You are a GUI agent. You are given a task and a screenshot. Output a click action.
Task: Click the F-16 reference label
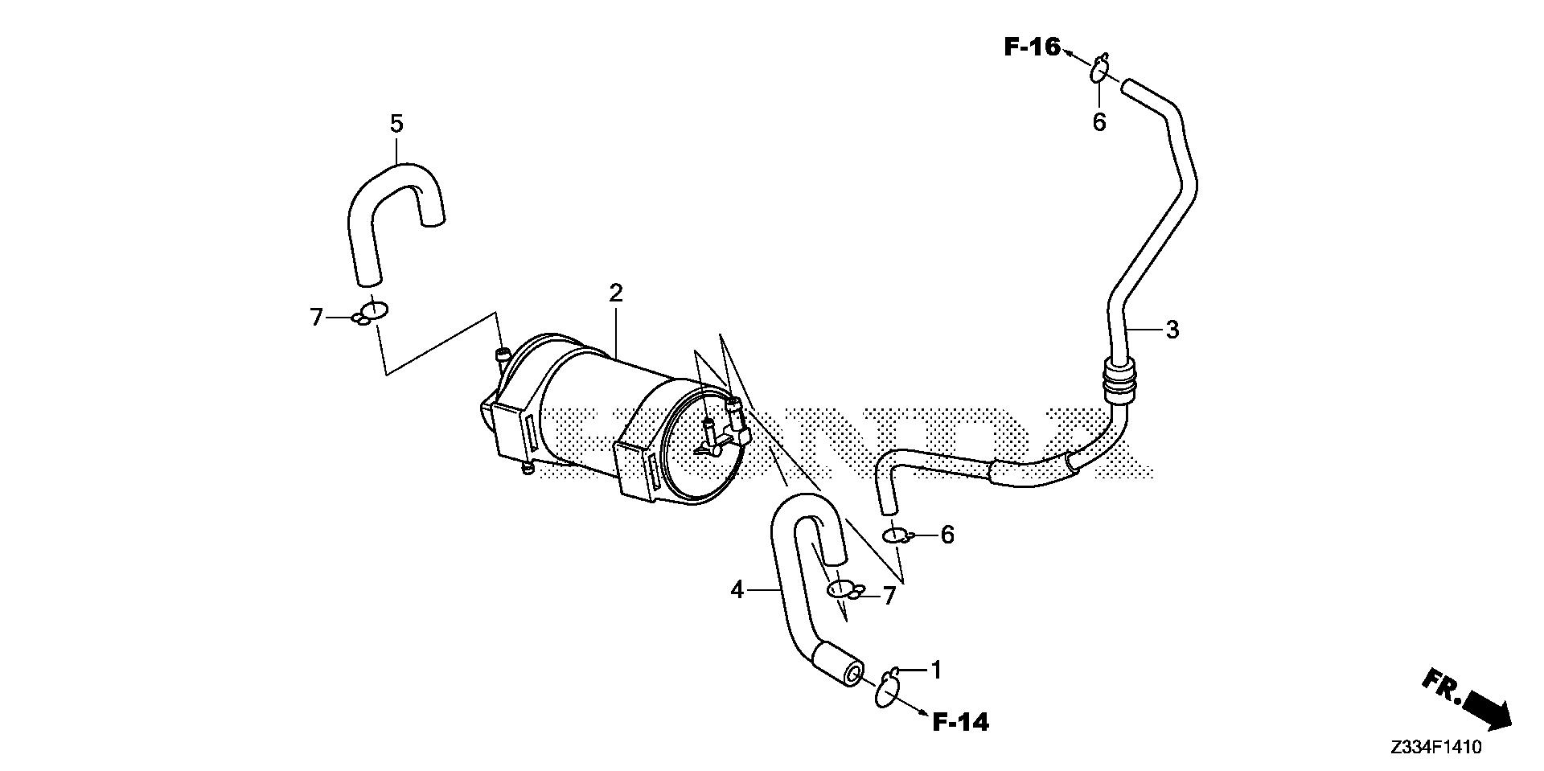click(1033, 47)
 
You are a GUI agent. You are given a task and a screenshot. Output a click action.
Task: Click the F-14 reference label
click(961, 723)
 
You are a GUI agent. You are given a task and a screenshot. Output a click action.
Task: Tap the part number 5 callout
click(396, 124)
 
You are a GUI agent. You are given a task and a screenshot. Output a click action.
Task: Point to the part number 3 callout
click(1172, 329)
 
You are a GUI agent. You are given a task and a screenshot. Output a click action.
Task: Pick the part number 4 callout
click(737, 590)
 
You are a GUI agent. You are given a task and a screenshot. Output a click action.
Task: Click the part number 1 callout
click(935, 669)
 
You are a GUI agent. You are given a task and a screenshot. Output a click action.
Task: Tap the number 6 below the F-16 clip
click(1099, 122)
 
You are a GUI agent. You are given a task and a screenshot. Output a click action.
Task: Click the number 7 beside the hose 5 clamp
click(316, 318)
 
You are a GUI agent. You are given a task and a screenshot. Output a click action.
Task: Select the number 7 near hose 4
click(889, 596)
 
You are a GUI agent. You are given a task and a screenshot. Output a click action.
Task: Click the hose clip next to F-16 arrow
click(1099, 69)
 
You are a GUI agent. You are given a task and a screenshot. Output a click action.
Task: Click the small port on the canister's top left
click(502, 355)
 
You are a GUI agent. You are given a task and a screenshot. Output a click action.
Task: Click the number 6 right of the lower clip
click(947, 535)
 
